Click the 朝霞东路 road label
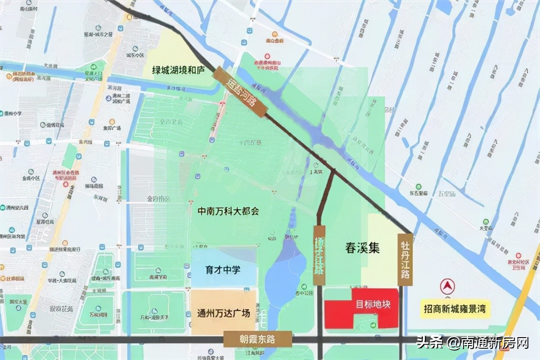(257, 339)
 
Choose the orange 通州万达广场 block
(224, 313)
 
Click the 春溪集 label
(363, 248)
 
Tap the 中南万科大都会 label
(228, 211)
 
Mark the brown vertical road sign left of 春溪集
(319, 255)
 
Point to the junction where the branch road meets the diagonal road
(333, 170)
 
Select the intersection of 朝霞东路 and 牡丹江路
(401, 339)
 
